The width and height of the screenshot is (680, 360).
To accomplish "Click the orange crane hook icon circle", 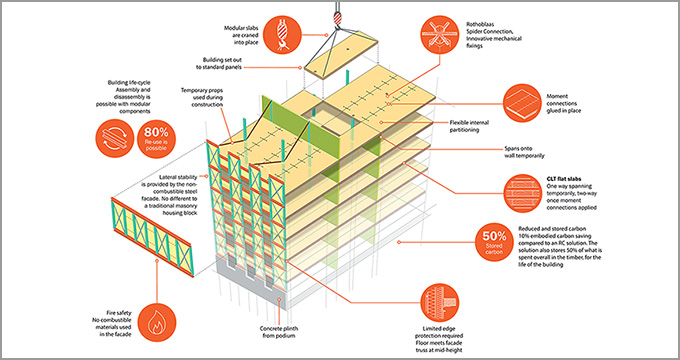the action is pyautogui.click(x=282, y=35).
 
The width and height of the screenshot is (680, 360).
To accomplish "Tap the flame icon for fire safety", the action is pyautogui.click(x=156, y=323).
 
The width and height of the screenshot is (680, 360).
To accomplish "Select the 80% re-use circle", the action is pyautogui.click(x=156, y=139).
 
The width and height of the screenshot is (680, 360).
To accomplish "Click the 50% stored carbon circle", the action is pyautogui.click(x=494, y=242).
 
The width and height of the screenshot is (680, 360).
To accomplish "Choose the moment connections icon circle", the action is pyautogui.click(x=523, y=103).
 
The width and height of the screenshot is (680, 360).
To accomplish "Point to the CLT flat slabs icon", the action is pyautogui.click(x=523, y=193).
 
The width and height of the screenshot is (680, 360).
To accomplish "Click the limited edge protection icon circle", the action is pyautogui.click(x=440, y=303).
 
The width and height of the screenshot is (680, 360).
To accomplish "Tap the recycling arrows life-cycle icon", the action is pyautogui.click(x=115, y=139).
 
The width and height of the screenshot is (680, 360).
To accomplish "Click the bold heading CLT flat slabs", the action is pyautogui.click(x=564, y=179).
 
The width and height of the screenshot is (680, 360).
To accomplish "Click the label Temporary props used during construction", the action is pyautogui.click(x=202, y=98).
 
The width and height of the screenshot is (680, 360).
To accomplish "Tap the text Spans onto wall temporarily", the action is pyautogui.click(x=525, y=152).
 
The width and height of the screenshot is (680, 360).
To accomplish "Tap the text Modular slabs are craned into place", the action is pyautogui.click(x=241, y=35).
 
